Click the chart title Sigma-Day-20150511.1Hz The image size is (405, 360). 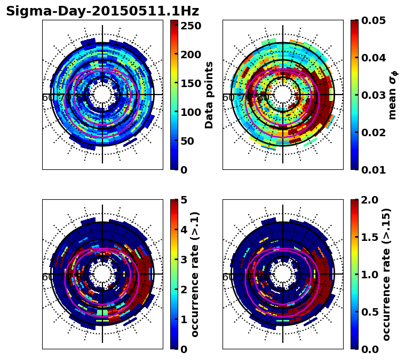coord(102,11)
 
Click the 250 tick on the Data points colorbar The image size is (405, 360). coord(190,26)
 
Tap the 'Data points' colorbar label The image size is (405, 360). coord(209,95)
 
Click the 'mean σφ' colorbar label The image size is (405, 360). coord(392,95)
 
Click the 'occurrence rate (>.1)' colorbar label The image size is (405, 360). coord(195,274)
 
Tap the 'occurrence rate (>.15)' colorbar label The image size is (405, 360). coord(387,274)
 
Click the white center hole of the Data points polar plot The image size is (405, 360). coord(102,95)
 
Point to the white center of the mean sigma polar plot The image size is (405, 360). coord(283,95)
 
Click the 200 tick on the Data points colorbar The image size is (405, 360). coord(190,54)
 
